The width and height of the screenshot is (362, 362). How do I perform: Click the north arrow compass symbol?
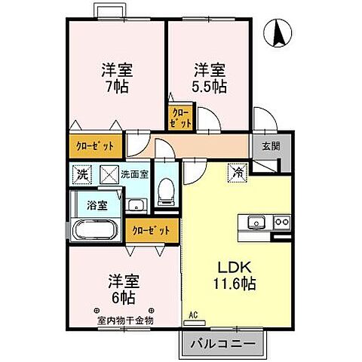[x=278, y=34]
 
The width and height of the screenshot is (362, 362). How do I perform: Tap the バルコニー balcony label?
[x=222, y=344]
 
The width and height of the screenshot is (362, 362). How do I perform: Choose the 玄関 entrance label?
[x=271, y=146]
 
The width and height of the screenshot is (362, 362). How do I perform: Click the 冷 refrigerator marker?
[x=238, y=173]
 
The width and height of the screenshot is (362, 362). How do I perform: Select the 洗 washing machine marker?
[x=81, y=175]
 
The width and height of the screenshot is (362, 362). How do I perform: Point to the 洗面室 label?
[x=137, y=174]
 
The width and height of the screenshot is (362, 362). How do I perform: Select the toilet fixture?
[x=165, y=195]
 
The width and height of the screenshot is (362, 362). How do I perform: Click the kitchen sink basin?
[x=254, y=222]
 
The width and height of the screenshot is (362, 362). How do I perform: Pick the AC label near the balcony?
[x=192, y=314]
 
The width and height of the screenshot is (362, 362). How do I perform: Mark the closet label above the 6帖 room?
[x=153, y=230]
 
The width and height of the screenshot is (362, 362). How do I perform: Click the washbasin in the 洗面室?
[x=137, y=204]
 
